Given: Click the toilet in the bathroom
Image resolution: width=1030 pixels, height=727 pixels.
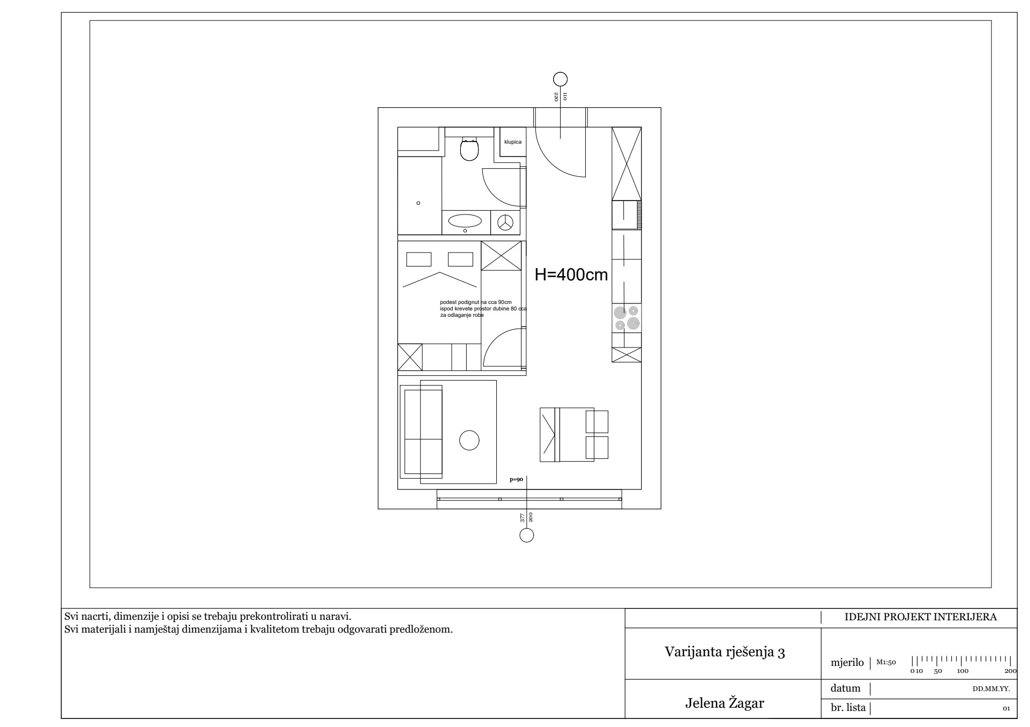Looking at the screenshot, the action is (469, 149).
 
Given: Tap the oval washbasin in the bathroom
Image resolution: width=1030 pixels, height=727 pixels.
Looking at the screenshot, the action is (465, 220).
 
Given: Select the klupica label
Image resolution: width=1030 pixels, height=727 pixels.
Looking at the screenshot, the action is (513, 142).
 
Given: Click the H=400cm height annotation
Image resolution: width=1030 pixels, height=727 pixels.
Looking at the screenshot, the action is (571, 275).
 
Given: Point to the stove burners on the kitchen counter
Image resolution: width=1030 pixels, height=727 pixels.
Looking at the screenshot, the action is (627, 318).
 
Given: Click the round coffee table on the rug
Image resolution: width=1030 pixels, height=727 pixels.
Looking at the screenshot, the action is (469, 440).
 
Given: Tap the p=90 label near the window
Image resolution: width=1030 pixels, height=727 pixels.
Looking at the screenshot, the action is (516, 480).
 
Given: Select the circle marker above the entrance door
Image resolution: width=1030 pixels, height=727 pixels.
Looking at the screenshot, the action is (560, 79).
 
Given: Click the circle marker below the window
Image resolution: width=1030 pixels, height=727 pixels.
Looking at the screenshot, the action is (527, 535).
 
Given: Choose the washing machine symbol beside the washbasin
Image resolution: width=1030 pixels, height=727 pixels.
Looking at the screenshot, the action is (505, 222).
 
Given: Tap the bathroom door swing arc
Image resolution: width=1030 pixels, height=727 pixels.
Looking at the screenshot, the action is (497, 192).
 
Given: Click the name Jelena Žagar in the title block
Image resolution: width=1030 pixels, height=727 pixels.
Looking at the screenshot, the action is (724, 703).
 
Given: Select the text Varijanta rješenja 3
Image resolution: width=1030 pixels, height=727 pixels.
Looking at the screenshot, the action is (725, 652).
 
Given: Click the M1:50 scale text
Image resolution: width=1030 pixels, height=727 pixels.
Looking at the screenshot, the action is (886, 662).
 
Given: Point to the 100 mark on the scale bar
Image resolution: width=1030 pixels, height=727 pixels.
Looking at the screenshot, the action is (963, 671).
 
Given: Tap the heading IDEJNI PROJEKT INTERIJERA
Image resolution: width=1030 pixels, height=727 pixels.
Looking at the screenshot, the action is (921, 617).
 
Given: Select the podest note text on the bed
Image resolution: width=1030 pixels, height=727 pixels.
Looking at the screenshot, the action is (483, 309).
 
